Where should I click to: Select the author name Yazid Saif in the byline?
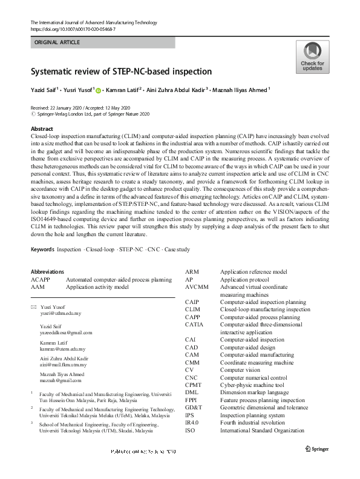[44, 90]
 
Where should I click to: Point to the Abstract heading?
[42, 130]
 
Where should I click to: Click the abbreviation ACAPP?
[42, 280]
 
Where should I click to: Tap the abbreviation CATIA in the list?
[194, 325]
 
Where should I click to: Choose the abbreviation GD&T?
[194, 408]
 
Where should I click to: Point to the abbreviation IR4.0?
[193, 423]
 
